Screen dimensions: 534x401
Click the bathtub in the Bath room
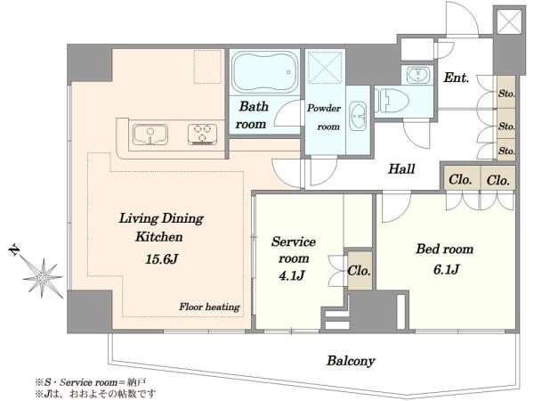tap(264, 72)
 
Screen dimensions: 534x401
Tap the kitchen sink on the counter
tap(150, 135)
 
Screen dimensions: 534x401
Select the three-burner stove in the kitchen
tap(203, 134)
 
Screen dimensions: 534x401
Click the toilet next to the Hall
tap(392, 101)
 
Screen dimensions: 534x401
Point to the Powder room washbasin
tap(358, 115)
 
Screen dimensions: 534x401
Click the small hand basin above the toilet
tap(418, 75)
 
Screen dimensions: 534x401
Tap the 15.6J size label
tap(162, 259)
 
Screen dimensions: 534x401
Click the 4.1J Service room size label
tap(292, 275)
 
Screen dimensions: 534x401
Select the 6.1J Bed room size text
tap(447, 270)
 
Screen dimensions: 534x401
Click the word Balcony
tap(351, 361)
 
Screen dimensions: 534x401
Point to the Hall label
tap(402, 168)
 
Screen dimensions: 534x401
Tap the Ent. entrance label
tap(457, 78)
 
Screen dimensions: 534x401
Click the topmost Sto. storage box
tap(506, 93)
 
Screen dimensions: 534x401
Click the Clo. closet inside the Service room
tap(360, 271)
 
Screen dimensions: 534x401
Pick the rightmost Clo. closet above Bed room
tap(498, 178)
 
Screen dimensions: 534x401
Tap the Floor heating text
tap(210, 307)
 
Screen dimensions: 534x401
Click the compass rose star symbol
tap(43, 278)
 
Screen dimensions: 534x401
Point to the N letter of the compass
tap(14, 250)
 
